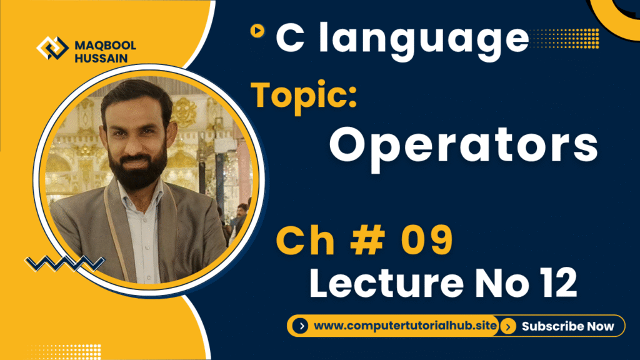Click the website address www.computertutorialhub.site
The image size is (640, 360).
(405, 326)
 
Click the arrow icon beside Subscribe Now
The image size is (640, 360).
(509, 326)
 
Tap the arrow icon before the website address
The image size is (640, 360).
(301, 326)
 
